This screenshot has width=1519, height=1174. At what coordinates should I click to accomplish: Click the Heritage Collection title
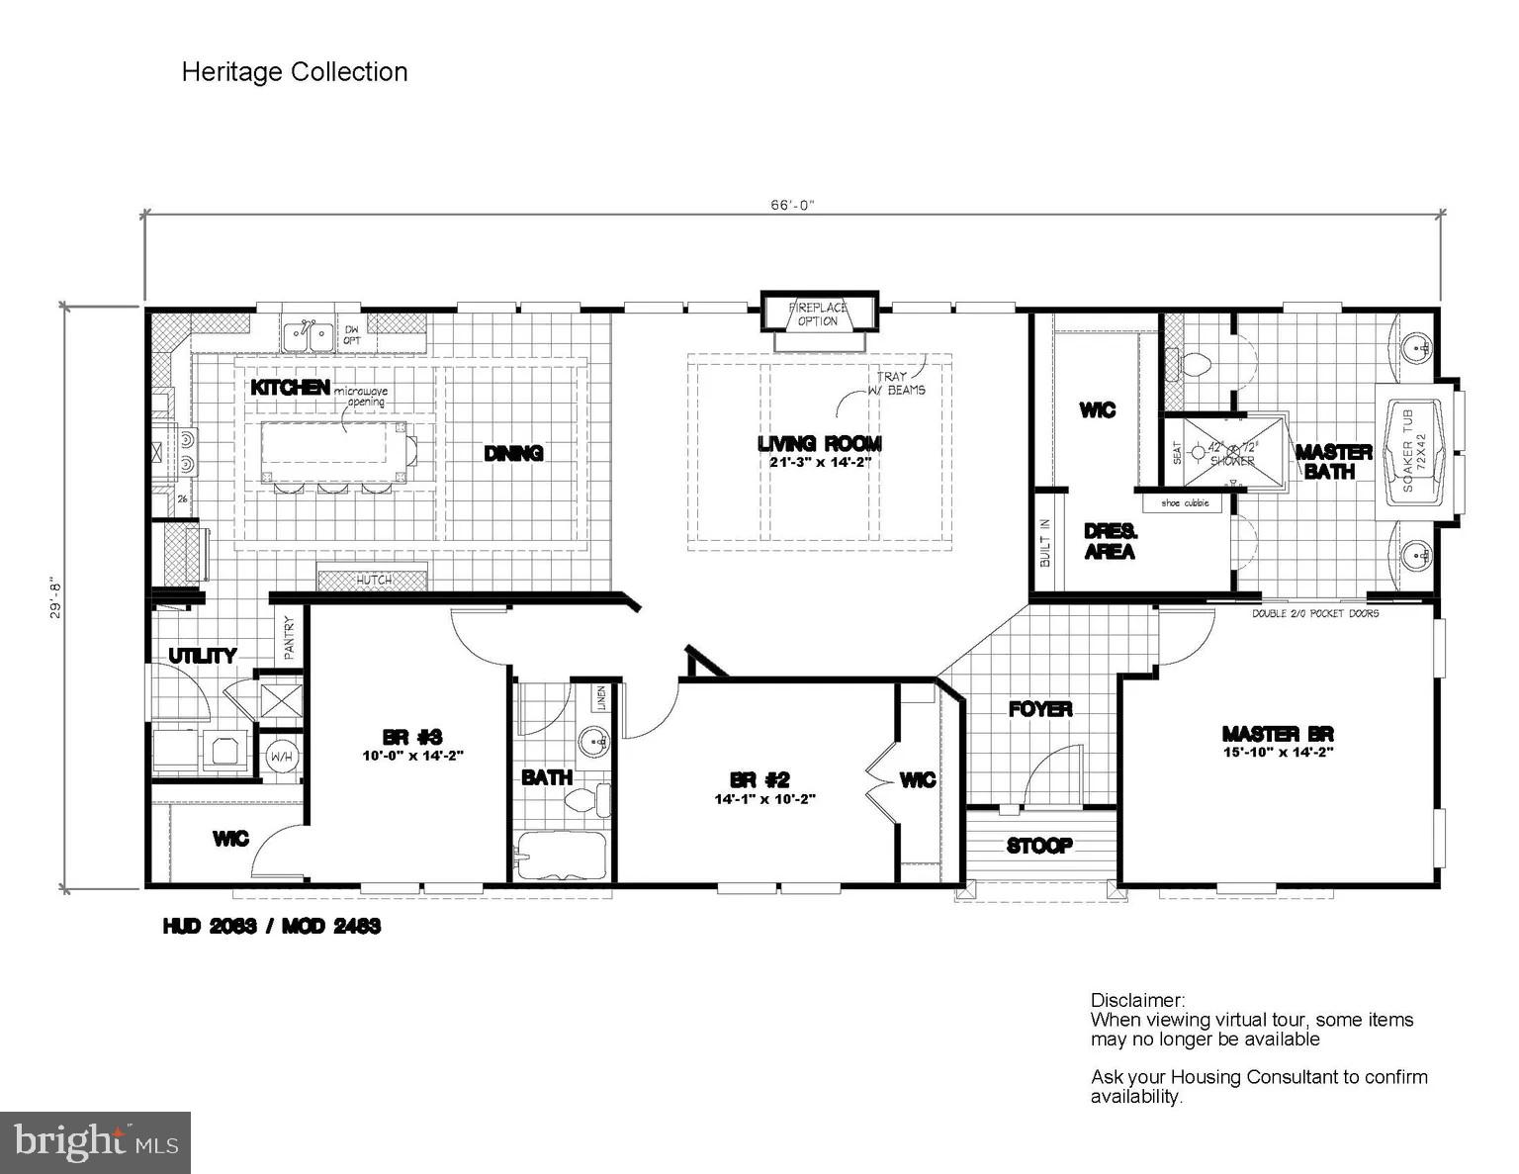(294, 72)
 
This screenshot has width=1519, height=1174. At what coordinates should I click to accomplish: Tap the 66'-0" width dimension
(791, 205)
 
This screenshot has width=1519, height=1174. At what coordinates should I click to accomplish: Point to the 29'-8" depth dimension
(57, 597)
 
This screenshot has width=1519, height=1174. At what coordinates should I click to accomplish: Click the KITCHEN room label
(290, 387)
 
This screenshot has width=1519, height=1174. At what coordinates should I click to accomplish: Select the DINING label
(513, 453)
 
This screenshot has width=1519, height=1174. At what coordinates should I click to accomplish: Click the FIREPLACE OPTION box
(818, 314)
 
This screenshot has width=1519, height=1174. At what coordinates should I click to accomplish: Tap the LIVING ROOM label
(819, 444)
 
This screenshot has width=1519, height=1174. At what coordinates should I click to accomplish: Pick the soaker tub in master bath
(1415, 453)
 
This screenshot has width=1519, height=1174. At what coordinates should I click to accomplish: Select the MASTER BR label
(1278, 734)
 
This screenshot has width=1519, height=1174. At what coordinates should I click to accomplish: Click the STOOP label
(1039, 846)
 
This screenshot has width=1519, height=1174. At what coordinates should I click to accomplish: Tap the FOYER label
(1040, 709)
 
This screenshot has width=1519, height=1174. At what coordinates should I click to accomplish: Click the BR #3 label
(411, 737)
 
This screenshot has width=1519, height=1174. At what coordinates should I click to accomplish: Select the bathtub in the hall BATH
(561, 855)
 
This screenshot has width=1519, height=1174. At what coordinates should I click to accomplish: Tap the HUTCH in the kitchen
(373, 579)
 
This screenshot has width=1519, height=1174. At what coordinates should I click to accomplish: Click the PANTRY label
(290, 638)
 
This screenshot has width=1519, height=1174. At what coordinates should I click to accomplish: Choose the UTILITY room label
(202, 656)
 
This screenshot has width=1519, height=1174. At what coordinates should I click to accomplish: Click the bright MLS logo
(96, 1142)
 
